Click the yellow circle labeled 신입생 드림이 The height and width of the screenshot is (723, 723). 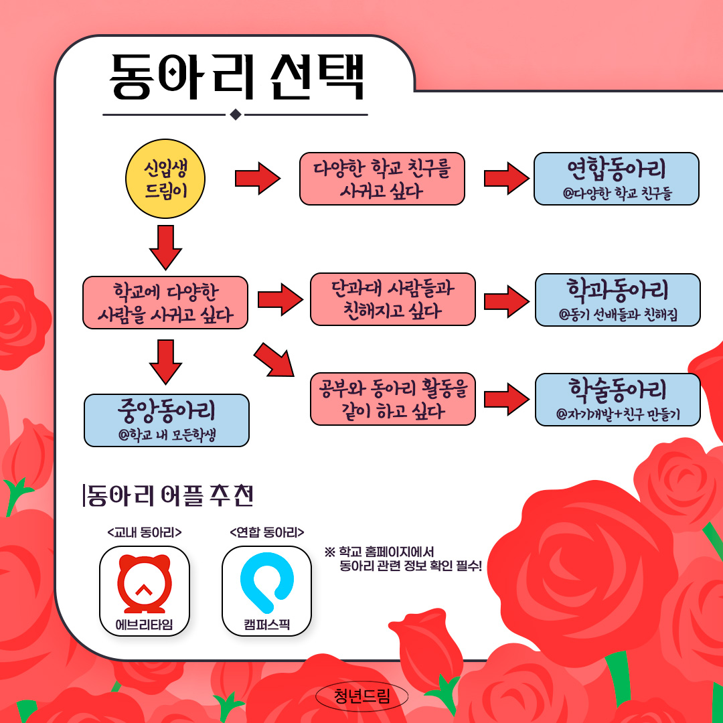click(165, 179)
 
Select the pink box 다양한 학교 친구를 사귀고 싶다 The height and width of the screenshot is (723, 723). click(382, 179)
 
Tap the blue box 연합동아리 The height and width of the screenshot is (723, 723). click(616, 179)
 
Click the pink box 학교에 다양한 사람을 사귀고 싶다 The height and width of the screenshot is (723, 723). click(165, 303)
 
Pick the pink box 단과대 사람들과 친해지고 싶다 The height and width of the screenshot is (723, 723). click(392, 299)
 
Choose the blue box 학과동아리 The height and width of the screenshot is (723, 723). click(617, 300)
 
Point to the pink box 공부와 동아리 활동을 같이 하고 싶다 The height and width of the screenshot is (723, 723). click(392, 399)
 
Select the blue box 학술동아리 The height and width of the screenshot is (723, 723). click(617, 400)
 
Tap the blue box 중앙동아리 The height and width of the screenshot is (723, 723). click(166, 420)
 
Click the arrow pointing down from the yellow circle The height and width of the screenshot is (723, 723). click(165, 246)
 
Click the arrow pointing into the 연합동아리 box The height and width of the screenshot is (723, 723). click(507, 179)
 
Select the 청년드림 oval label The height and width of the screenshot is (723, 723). click(361, 697)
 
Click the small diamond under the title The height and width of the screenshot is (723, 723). click(235, 114)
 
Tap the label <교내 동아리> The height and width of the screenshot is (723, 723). click(145, 533)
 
